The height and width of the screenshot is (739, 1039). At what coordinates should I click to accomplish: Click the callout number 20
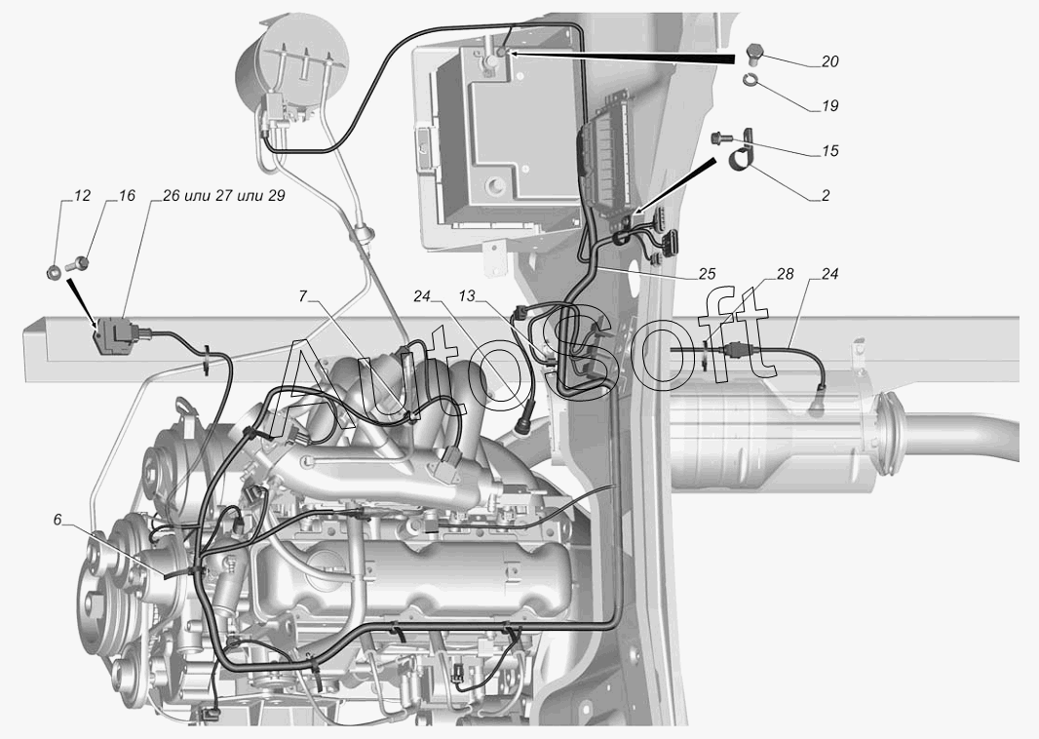[829, 60]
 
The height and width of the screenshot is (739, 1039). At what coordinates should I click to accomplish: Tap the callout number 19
[829, 105]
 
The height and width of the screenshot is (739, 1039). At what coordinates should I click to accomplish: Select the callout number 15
[829, 151]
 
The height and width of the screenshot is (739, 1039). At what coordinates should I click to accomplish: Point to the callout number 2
[825, 196]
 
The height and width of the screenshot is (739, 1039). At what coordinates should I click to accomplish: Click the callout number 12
[82, 196]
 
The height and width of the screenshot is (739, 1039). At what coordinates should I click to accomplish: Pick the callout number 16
[127, 196]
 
